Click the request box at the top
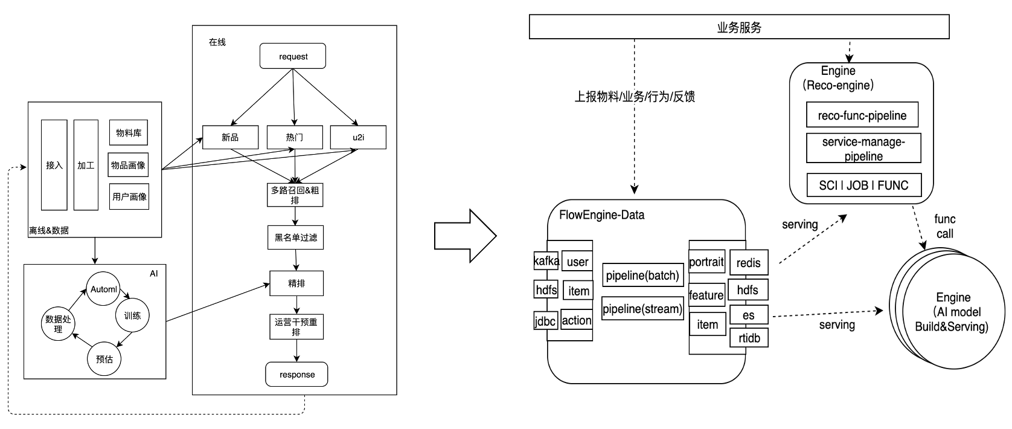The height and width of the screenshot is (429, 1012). [x=293, y=56]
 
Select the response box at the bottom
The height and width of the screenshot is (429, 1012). [x=297, y=375]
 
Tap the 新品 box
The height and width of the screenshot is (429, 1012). [x=230, y=137]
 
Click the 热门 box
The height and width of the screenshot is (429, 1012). [x=295, y=137]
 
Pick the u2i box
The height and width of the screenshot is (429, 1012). [x=358, y=137]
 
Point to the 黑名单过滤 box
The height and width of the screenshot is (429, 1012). [x=295, y=237]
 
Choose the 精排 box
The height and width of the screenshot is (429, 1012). [x=296, y=283]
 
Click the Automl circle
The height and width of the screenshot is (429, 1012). [x=103, y=289]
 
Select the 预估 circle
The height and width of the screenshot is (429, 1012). [x=104, y=359]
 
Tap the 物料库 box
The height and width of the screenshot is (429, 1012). [x=129, y=133]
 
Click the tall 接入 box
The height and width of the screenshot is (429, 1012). [x=54, y=164]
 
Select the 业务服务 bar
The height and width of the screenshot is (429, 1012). [x=739, y=27]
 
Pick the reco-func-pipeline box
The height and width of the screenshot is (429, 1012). [x=864, y=115]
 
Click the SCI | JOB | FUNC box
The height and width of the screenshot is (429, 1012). [x=864, y=185]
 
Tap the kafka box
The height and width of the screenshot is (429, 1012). [x=546, y=261]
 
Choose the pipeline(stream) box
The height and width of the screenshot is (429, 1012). [x=642, y=309]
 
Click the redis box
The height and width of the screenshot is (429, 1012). [x=749, y=263]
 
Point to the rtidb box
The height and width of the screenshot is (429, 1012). [x=749, y=338]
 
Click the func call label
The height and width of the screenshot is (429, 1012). [x=944, y=226]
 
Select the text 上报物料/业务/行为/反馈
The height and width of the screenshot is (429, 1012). [x=635, y=97]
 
